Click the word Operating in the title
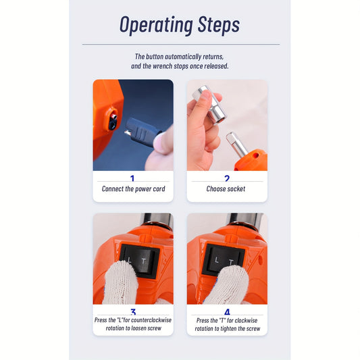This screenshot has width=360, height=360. [156, 25]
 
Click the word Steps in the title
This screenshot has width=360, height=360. [219, 25]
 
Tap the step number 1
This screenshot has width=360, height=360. [132, 178]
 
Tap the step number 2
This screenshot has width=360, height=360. [227, 178]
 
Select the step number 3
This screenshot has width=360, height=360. [133, 312]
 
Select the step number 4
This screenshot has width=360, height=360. [227, 312]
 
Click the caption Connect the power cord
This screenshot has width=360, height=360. [133, 189]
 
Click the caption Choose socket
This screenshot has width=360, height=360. [226, 188]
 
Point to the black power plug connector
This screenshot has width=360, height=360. [143, 132]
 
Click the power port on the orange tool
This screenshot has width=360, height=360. [113, 120]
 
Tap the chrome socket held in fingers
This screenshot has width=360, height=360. [210, 104]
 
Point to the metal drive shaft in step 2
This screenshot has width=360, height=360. [236, 144]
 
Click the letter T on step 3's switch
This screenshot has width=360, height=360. [144, 261]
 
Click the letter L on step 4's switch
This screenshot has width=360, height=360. [217, 260]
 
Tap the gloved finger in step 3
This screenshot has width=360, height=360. [120, 283]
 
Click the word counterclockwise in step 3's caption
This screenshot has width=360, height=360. [151, 320]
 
